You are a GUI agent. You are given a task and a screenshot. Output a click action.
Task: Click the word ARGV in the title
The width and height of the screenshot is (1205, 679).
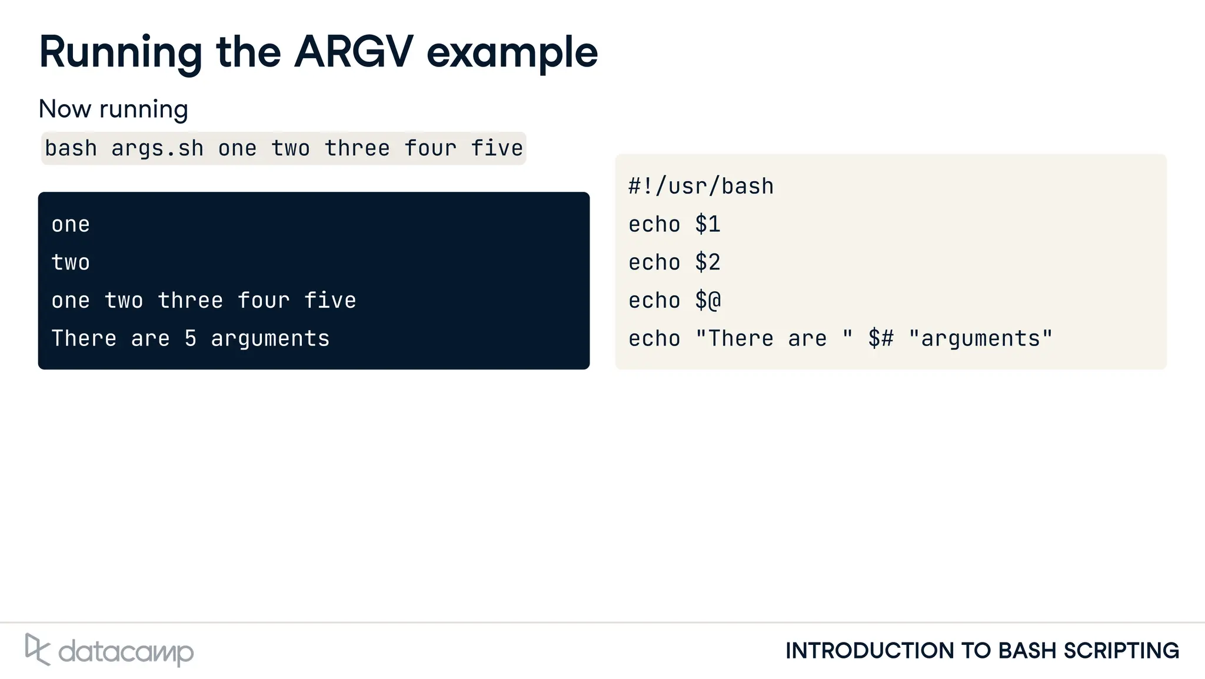point(354,52)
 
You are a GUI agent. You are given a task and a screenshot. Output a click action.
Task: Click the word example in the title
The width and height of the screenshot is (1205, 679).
point(512,54)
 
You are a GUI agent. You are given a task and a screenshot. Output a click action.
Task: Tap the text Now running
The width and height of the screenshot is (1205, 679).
point(113,109)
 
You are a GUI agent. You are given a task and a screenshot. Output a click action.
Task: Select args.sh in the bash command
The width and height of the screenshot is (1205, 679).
point(157,148)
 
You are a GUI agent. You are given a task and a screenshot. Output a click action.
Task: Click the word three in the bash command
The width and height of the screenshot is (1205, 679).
point(357,148)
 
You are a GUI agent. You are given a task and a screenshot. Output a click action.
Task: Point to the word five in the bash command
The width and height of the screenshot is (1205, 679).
point(497,148)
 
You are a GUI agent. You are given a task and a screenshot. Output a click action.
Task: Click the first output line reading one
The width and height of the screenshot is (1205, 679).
point(71,225)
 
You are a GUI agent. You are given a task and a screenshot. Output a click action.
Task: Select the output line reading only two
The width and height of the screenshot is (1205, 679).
point(71,262)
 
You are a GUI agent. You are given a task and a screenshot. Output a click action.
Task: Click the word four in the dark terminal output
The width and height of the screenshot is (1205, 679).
point(264,301)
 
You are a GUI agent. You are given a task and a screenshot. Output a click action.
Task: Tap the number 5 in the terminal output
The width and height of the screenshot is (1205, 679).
point(191,339)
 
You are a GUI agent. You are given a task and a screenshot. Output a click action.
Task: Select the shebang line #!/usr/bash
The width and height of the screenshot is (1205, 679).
point(701,187)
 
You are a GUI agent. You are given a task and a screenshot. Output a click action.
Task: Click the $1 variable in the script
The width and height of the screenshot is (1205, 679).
point(707,225)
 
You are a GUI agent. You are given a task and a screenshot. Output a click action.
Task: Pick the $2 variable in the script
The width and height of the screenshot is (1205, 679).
point(707,262)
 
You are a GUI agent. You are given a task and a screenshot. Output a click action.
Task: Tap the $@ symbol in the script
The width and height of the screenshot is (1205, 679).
point(707,301)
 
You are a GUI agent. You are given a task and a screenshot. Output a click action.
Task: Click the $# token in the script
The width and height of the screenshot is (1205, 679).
point(881,339)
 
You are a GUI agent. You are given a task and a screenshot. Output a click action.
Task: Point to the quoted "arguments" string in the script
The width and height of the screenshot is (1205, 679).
point(980,339)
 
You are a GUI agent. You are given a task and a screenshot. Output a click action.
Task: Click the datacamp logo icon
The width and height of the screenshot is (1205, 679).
point(37,650)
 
